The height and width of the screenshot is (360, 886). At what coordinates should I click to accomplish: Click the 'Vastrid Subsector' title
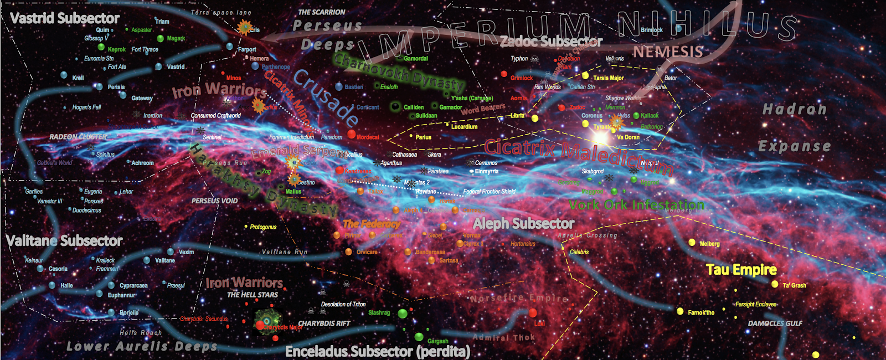(65, 18)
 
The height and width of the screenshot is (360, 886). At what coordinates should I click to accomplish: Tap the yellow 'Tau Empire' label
(741, 270)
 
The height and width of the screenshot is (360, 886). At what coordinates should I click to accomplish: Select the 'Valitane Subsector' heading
(64, 241)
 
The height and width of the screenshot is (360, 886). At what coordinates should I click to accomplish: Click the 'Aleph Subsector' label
(523, 224)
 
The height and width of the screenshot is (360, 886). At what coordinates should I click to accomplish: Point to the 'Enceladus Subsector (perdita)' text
(377, 352)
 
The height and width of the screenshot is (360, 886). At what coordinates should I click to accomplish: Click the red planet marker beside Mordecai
(352, 135)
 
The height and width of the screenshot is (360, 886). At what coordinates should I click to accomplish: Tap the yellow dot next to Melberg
(692, 243)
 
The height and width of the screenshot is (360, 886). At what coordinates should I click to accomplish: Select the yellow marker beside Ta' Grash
(775, 284)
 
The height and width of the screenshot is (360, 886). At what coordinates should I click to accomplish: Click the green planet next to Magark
(161, 39)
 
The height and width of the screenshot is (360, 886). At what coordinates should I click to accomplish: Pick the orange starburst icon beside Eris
(244, 27)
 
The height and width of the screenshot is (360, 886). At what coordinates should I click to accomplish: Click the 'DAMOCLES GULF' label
(775, 323)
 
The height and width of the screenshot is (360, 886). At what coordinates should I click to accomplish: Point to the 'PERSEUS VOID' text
(214, 201)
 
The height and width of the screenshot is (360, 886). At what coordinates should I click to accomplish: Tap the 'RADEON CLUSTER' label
(78, 137)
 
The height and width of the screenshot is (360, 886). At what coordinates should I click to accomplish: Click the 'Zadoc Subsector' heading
(551, 42)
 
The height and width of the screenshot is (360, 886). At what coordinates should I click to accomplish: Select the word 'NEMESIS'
(668, 52)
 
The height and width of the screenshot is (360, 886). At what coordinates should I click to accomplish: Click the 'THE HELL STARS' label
(253, 295)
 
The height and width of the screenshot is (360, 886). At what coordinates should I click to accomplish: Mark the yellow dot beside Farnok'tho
(680, 312)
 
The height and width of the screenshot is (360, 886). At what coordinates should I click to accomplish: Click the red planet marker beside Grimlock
(504, 74)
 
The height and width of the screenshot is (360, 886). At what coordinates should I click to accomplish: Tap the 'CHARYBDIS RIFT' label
(324, 323)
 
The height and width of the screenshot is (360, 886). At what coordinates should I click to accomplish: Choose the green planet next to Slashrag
(403, 314)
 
